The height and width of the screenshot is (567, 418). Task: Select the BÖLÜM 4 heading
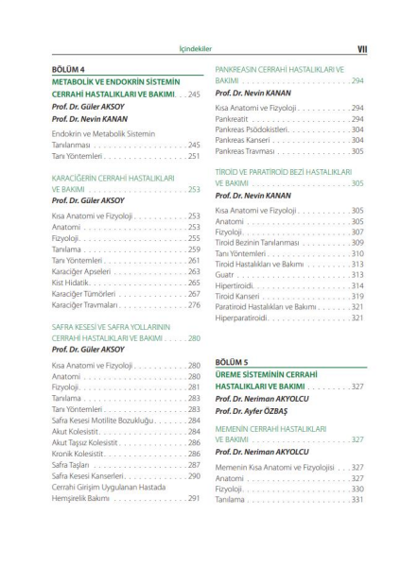[73, 70]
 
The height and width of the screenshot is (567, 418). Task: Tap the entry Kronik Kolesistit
[84, 454]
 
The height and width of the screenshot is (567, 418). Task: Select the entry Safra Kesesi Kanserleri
[94, 476]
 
